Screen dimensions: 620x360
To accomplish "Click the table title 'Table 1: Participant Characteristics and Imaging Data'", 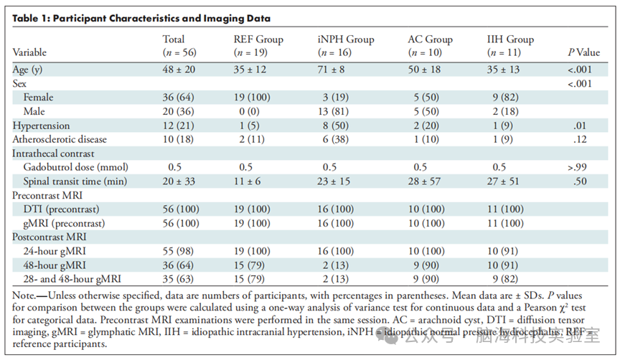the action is tap(141, 18).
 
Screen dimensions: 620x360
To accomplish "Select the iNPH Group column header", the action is tap(346, 45).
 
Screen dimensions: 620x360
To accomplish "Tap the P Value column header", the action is tap(583, 52).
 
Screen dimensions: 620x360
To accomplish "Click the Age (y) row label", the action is tap(27, 70).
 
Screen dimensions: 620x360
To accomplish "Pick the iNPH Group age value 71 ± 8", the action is tap(331, 70).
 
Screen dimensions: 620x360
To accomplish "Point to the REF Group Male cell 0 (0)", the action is tap(248, 111).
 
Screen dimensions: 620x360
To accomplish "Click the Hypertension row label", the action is tap(41, 125).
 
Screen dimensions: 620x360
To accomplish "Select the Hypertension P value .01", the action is tap(580, 125).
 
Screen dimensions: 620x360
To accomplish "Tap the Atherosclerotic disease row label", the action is tap(60, 139).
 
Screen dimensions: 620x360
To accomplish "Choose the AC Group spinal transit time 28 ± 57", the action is tap(424, 181).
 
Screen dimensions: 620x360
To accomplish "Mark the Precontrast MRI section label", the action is tap(47, 195).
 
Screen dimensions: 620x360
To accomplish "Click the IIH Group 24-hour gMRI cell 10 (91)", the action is tap(502, 251).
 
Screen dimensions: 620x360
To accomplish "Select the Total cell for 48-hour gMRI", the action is tap(178, 265).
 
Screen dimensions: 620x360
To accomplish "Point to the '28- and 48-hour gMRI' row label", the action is tap(72, 279).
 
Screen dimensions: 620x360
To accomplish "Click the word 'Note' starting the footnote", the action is tap(22, 295).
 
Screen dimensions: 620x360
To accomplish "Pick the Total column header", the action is tap(179, 45).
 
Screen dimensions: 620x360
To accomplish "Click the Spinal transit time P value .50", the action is tap(580, 181).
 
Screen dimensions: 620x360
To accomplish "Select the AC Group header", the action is tap(431, 45).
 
